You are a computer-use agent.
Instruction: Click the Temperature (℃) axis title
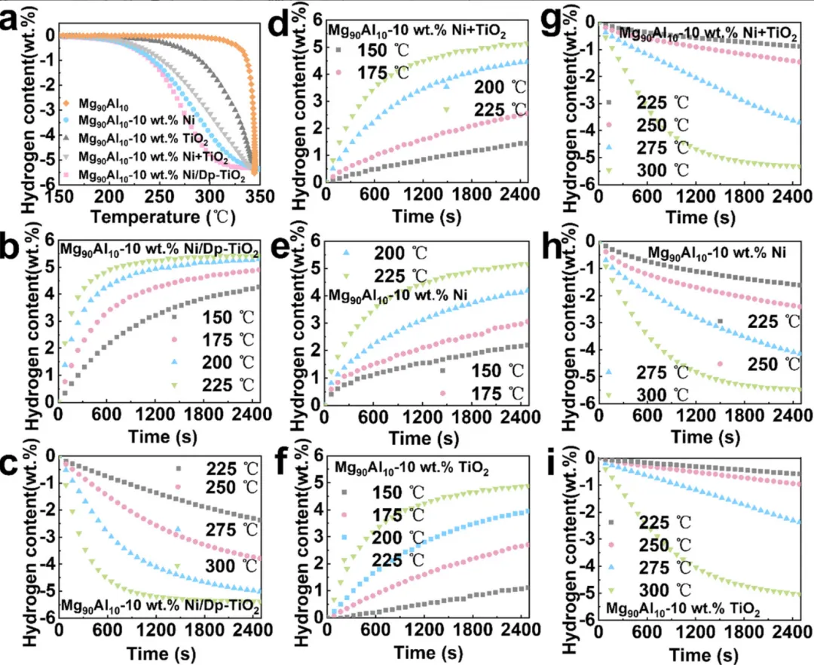click(164, 216)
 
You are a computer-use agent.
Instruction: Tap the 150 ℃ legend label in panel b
click(228, 317)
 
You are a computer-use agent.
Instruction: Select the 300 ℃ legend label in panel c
click(231, 565)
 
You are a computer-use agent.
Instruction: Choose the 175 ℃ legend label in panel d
click(383, 72)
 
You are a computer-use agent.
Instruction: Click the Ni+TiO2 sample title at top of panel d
click(417, 31)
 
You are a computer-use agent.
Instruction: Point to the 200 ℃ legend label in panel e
click(400, 253)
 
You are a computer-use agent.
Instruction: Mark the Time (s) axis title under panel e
click(424, 437)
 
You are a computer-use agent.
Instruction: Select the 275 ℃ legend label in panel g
click(663, 148)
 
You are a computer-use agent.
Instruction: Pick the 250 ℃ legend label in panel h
click(773, 364)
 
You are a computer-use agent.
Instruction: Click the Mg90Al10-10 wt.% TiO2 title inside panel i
click(683, 608)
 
